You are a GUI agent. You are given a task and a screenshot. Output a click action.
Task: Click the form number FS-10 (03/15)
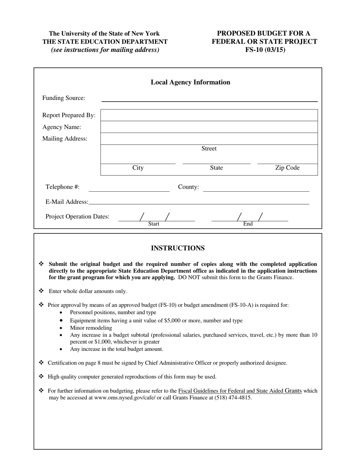pos(265,50)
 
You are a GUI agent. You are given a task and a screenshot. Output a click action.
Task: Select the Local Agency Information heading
pos(190,82)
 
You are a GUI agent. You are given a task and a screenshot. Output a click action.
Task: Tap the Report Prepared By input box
pos(209,115)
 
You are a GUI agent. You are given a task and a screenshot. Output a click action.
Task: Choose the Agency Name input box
pos(209,127)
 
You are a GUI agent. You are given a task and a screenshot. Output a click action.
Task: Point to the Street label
pos(209,149)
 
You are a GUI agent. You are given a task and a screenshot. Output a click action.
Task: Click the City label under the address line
pos(138,168)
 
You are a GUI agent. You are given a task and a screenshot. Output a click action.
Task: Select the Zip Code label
pos(287,168)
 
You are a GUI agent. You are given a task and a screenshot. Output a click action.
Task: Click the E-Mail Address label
pos(67,202)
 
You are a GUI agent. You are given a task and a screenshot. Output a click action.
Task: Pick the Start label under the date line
pos(153,224)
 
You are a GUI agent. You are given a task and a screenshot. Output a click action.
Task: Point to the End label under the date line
pos(248,224)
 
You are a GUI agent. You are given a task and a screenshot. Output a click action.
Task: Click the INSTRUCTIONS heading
pos(178,248)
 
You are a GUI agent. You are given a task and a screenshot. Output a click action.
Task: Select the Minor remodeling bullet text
pos(91,328)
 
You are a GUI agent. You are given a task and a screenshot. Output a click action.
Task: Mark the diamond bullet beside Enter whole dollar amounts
pos(41,291)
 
